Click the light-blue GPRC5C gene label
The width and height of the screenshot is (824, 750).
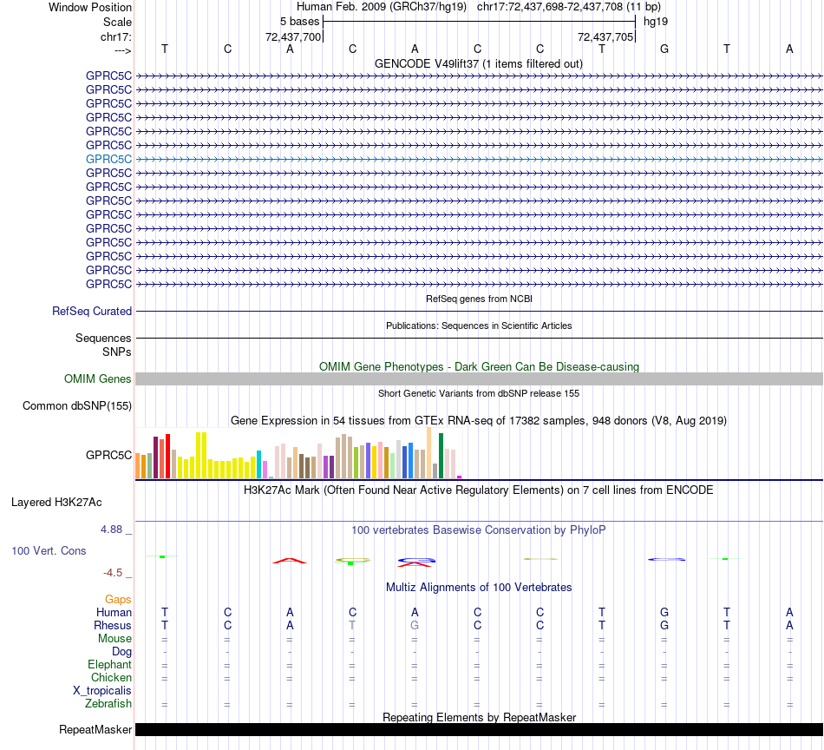coord(108,159)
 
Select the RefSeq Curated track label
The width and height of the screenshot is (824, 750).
coord(92,311)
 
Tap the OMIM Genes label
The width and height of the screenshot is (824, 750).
coord(97,378)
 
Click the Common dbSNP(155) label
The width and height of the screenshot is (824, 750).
coord(77,405)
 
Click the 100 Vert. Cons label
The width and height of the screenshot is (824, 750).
coord(49,550)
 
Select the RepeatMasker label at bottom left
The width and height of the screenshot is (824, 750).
coord(95,729)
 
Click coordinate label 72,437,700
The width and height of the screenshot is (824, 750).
coord(293,36)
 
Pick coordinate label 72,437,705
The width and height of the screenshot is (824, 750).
coord(605,36)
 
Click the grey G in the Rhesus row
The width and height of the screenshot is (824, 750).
coord(415,625)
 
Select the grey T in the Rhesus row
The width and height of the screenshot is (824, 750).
coord(352,625)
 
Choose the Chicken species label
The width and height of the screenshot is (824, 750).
coord(111,677)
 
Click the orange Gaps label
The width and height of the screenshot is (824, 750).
coord(118,599)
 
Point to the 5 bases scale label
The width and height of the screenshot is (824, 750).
coord(299,21)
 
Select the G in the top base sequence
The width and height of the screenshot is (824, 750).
coord(664,49)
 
